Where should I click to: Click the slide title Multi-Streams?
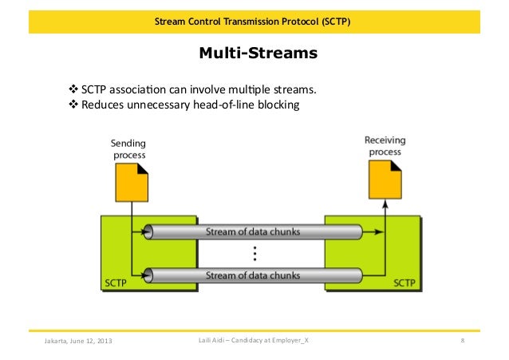click(258, 54)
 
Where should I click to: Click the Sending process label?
click(128, 148)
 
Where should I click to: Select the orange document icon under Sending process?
click(132, 183)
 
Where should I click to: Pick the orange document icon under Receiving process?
click(385, 180)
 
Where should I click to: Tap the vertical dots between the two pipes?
click(254, 254)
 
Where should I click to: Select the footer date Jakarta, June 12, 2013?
click(78, 342)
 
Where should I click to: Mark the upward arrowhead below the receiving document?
click(385, 204)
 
